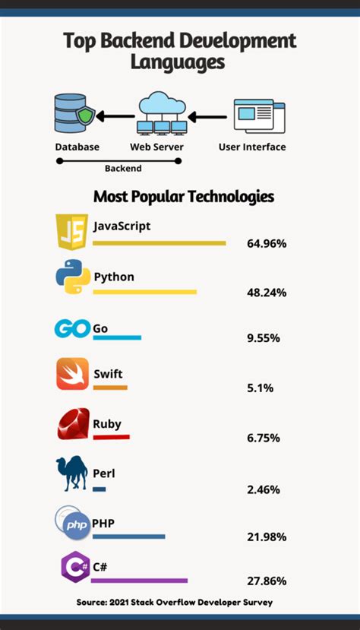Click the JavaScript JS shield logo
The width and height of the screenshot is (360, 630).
72,233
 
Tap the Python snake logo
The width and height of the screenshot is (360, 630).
73,278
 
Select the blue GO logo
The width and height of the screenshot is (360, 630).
72,329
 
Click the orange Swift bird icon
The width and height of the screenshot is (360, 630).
73,375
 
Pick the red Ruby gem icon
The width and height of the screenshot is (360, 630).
73,424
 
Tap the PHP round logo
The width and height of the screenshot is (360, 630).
73,523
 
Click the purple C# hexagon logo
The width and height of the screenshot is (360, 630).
74,568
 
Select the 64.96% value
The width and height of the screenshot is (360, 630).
267,244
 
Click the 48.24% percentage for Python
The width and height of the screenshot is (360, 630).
267,292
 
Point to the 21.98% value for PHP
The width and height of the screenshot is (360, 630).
267,537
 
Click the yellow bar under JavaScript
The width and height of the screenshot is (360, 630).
159,243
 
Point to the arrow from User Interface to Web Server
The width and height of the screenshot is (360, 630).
209,117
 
